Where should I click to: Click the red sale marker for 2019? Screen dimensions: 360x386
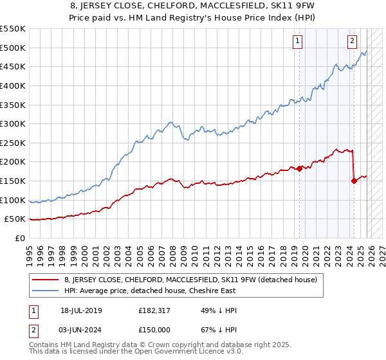pos(300,168)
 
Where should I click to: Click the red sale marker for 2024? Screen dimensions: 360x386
pos(354,181)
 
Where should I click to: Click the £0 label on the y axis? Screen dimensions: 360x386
pos(19,238)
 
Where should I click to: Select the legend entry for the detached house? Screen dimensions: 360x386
pos(190,280)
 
